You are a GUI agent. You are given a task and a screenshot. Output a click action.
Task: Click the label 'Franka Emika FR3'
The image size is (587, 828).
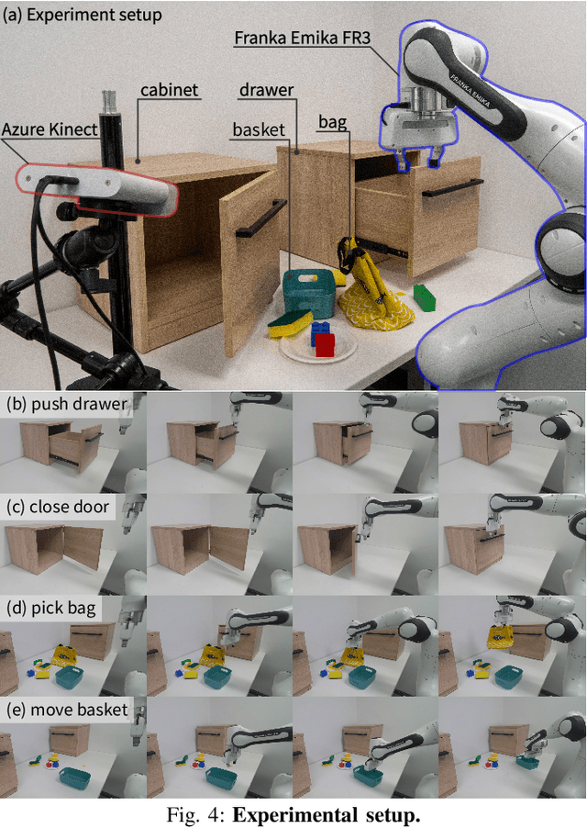302,38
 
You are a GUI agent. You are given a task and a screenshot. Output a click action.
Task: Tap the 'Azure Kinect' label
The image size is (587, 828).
50,129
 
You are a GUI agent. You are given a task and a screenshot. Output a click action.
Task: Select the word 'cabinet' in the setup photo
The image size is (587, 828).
170,90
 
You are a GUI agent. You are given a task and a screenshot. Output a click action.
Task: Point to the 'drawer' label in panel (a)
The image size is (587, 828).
266,90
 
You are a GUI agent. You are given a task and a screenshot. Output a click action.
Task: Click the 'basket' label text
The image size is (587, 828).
259,130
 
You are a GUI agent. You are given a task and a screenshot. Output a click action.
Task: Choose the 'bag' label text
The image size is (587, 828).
333,122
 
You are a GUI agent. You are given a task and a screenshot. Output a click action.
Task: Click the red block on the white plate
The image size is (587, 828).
325,344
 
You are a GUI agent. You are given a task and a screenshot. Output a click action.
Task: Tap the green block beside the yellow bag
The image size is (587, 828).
424,297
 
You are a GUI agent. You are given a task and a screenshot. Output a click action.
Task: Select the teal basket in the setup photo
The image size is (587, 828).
308,293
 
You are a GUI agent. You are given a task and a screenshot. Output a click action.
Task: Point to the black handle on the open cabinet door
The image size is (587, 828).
260,218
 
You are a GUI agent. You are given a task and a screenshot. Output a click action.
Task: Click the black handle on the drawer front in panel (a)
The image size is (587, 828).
452,188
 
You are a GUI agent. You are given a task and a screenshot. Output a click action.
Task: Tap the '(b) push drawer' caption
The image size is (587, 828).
66,404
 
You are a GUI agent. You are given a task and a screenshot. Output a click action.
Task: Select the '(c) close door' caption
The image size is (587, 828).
58,507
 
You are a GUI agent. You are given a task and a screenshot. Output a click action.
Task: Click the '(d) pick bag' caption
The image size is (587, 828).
51,609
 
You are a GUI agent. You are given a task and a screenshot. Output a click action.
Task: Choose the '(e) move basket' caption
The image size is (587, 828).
67,710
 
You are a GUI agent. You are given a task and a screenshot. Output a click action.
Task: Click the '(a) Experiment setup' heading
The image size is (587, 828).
83,15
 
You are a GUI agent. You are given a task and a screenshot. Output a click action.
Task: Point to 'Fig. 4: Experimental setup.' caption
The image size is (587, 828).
293,815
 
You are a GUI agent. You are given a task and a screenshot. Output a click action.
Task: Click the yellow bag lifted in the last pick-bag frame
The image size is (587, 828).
501,638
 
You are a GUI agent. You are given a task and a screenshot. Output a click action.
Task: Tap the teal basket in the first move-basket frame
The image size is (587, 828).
74,777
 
